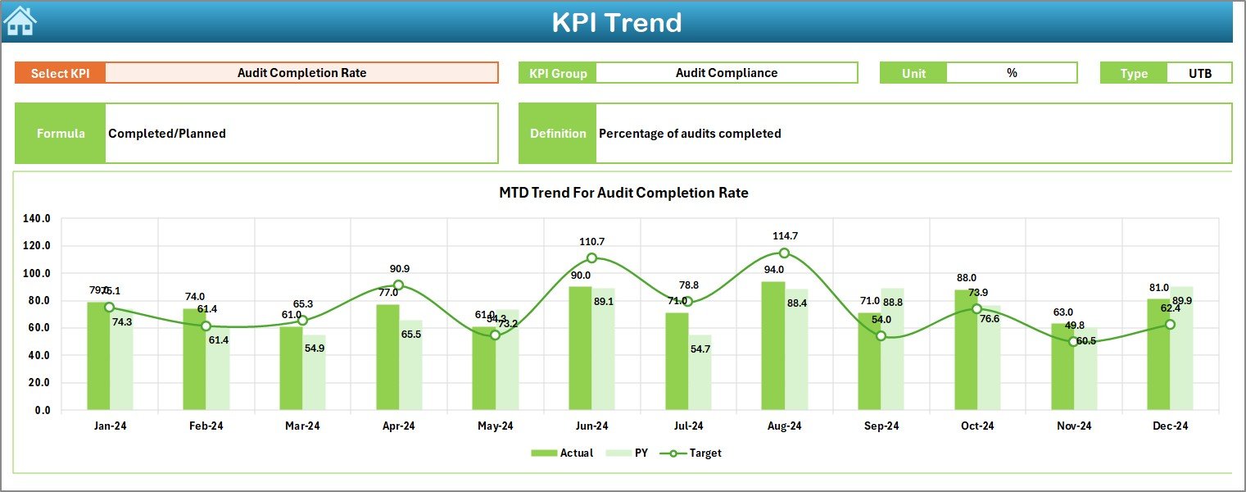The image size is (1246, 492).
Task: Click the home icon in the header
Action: pos(20,21)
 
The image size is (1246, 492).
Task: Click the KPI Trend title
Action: pos(616,22)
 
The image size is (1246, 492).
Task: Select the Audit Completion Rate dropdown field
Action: pos(301,73)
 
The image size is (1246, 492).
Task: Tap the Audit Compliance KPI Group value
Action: pos(726,73)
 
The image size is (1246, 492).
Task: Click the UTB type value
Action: pos(1199,73)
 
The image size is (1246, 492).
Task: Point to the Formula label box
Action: pos(61,134)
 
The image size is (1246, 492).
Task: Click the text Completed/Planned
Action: pos(167,134)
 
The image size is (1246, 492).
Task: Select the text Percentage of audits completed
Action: pos(690,134)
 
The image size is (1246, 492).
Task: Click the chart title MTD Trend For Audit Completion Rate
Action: pos(623,193)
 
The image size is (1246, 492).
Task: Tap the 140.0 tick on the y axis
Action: pos(37,219)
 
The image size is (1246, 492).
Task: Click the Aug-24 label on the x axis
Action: pos(784,426)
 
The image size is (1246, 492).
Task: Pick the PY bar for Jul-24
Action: pos(700,372)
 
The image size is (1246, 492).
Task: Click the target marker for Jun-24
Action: pos(591,258)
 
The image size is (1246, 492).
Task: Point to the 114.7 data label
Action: pos(785,236)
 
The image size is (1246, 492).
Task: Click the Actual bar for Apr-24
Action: pos(387,358)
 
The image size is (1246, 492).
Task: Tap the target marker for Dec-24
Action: pos(1170,325)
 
